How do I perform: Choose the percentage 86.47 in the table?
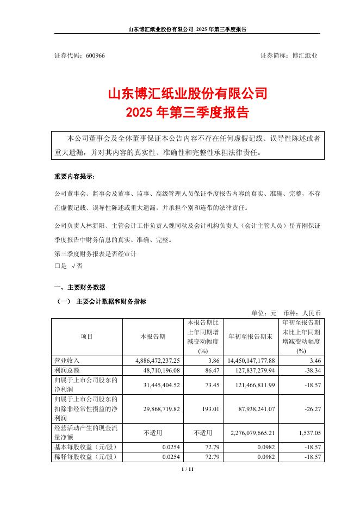point(210,370)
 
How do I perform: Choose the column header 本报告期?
point(152,337)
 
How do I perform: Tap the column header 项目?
point(86,337)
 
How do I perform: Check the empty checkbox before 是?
point(57,266)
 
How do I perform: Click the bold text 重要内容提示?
point(74,177)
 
